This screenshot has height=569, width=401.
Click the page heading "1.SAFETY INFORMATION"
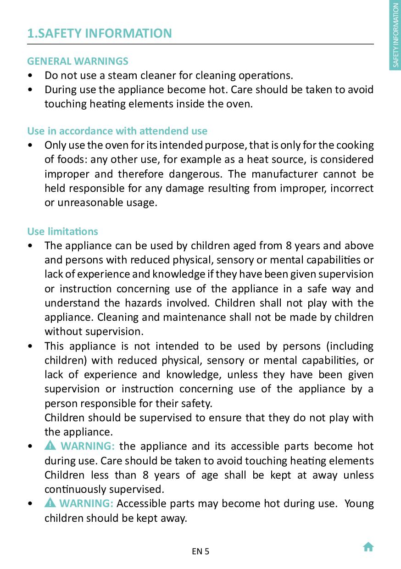point(100,33)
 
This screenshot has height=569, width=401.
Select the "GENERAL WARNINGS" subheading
point(78,61)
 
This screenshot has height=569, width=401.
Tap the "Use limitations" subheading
point(62,231)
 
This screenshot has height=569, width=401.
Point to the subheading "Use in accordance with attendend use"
point(117,131)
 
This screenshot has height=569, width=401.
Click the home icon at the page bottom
point(368,547)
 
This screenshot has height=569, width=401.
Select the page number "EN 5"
point(200,552)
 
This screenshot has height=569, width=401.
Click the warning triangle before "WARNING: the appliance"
point(50,446)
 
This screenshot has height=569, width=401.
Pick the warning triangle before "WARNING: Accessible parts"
point(50,503)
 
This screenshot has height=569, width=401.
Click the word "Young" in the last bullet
point(359,503)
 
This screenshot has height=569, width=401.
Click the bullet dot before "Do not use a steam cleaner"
point(30,76)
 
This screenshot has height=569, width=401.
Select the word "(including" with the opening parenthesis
point(350,346)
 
